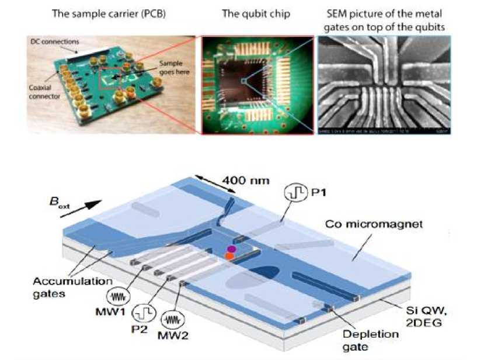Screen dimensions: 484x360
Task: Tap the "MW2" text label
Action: [174, 338]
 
